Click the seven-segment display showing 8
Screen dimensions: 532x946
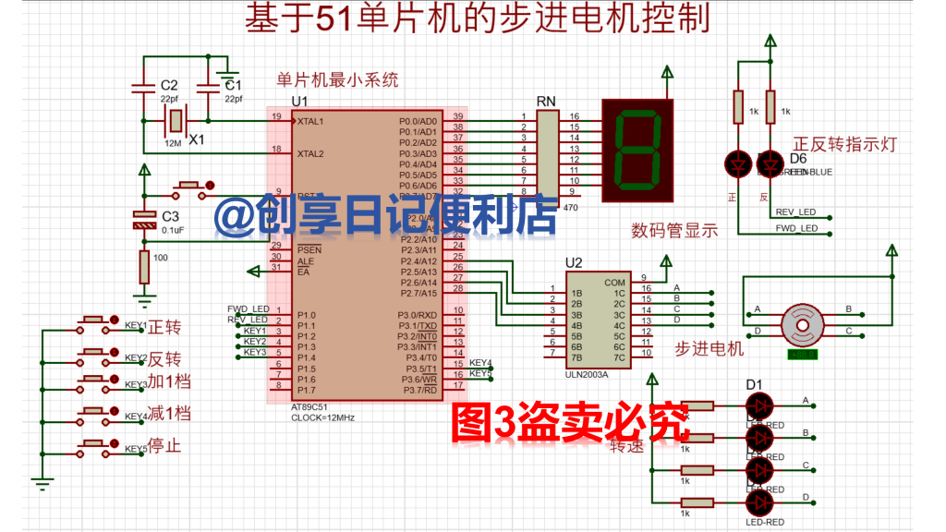(x=638, y=151)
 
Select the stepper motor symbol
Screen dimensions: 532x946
(x=799, y=324)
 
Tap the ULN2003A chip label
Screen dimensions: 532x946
(x=586, y=374)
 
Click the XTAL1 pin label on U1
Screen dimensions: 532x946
(x=310, y=121)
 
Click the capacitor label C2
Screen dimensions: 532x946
(x=168, y=85)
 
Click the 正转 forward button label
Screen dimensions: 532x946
(x=164, y=326)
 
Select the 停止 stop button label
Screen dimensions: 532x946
(x=164, y=446)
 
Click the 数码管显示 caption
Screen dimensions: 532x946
(x=674, y=231)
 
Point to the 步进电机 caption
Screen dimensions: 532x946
(x=709, y=348)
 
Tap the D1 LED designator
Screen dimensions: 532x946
(x=754, y=384)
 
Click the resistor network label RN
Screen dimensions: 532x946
(x=546, y=101)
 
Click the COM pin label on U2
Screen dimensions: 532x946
(x=614, y=283)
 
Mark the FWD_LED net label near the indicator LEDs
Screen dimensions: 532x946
(x=796, y=228)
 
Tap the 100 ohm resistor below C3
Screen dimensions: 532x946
(x=144, y=267)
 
